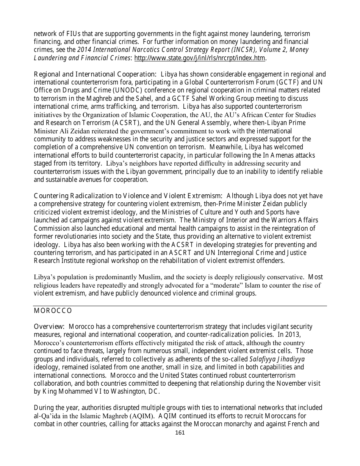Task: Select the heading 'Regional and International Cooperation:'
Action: pyautogui.click(x=95, y=74)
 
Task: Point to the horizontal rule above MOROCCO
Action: pyautogui.click(x=180, y=306)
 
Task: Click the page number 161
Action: pyautogui.click(x=180, y=433)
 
